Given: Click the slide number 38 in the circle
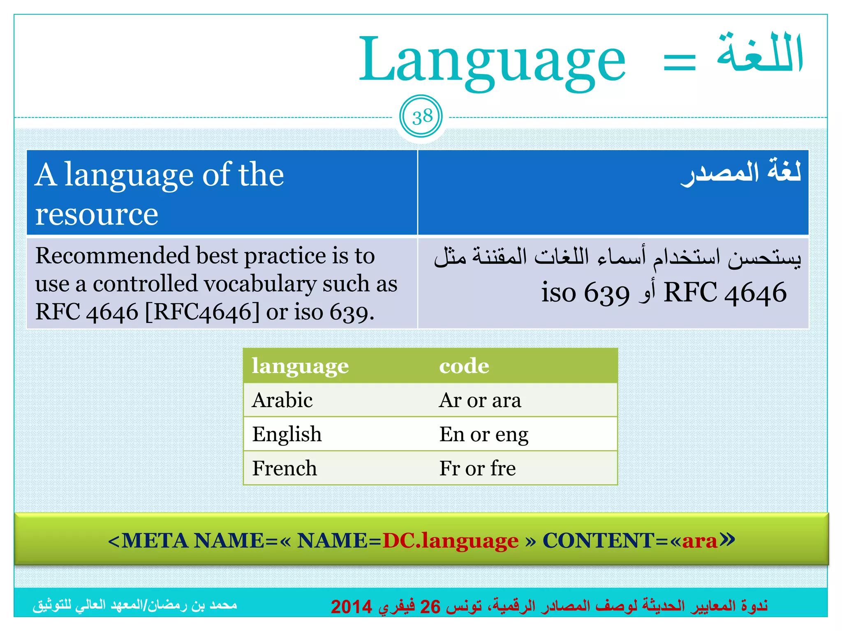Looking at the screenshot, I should pyautogui.click(x=422, y=117).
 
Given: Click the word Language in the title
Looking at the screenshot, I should pyautogui.click(x=492, y=62).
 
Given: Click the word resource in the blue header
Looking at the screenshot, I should pyautogui.click(x=97, y=214).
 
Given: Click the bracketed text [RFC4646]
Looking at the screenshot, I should pyautogui.click(x=202, y=312).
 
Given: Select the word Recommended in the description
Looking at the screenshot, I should pyautogui.click(x=112, y=256).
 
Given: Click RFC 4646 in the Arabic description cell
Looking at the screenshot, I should pyautogui.click(x=725, y=292).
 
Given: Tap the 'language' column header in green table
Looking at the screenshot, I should pyautogui.click(x=300, y=366).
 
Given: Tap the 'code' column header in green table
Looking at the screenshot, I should pyautogui.click(x=464, y=366).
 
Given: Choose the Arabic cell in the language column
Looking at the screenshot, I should pyautogui.click(x=282, y=400).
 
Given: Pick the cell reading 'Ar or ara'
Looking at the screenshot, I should pyautogui.click(x=480, y=400).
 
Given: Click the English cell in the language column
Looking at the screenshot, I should pyautogui.click(x=287, y=434).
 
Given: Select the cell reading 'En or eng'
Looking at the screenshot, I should pyautogui.click(x=483, y=434).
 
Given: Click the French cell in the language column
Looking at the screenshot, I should pyautogui.click(x=285, y=468).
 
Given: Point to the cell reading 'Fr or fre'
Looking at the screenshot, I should pyautogui.click(x=477, y=468).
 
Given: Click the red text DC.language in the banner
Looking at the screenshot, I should pyautogui.click(x=451, y=541).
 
